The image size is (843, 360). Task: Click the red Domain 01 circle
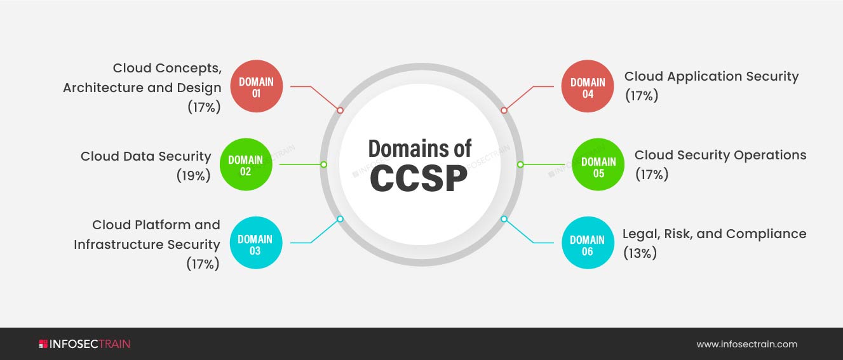point(256,87)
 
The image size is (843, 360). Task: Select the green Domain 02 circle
point(246,165)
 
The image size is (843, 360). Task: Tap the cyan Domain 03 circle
point(255,244)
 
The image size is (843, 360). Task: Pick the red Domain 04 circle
point(588,88)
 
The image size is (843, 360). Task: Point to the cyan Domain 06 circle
point(587,245)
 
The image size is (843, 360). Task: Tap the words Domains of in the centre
point(420,149)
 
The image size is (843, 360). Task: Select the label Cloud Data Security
point(145,156)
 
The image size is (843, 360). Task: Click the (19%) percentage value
point(193,176)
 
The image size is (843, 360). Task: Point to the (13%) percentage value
point(640,253)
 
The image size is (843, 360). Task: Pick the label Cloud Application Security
point(711,76)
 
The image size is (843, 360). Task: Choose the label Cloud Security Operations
point(720,155)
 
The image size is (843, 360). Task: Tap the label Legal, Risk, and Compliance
point(714,234)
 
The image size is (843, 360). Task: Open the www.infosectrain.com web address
point(746,345)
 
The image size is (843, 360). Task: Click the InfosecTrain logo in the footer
point(84,344)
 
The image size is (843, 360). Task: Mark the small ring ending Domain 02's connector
point(323,164)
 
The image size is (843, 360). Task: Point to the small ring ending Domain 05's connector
point(520,164)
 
